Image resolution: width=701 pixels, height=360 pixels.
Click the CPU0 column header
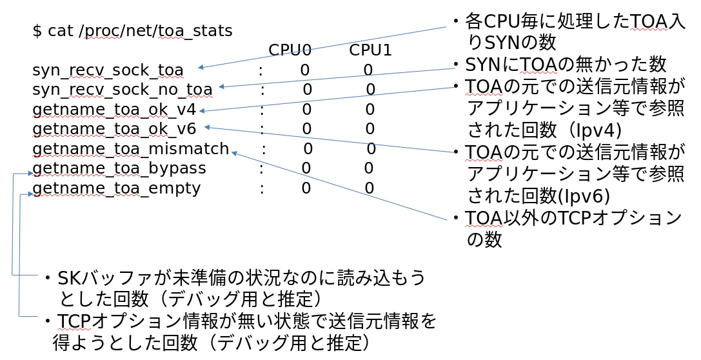[x=290, y=50]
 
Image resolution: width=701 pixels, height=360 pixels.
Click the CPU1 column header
[x=371, y=50]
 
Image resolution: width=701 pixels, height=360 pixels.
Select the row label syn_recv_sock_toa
[x=108, y=70]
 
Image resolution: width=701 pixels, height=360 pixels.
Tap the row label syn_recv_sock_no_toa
[x=122, y=89]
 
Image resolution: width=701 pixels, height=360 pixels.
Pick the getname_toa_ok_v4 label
[x=114, y=109]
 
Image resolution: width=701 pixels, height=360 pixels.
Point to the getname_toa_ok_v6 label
[x=114, y=129]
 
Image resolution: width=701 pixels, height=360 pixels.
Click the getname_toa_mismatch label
[x=130, y=149]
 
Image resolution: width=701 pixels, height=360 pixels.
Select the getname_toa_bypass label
[x=119, y=168]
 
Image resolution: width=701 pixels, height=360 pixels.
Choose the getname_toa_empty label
[x=117, y=188]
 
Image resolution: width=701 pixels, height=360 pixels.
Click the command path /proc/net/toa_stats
[x=156, y=30]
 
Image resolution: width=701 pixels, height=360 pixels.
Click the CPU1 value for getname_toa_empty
[x=370, y=188]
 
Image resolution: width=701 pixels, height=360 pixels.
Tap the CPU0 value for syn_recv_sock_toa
[x=305, y=70]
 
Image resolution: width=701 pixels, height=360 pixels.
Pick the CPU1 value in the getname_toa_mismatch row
[x=371, y=149]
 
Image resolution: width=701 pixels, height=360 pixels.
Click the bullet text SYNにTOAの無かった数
[x=565, y=64]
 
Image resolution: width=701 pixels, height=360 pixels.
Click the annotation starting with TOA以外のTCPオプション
[x=573, y=219]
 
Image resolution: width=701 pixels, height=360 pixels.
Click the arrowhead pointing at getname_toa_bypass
[x=30, y=174]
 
